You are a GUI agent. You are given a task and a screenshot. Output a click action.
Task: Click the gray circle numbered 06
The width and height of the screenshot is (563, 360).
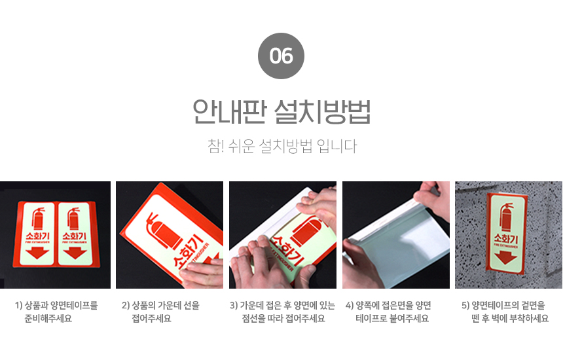coord(281,56)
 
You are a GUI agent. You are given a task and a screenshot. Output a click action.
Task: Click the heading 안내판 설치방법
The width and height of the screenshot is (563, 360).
coord(281,112)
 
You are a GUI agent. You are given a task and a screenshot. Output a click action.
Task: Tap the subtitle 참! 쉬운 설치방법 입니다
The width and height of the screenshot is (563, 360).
coord(282,146)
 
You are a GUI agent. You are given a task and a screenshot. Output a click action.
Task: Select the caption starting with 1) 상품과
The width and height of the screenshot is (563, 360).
coord(56,312)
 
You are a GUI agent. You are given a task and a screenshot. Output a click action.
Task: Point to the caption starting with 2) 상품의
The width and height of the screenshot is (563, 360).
coord(160,312)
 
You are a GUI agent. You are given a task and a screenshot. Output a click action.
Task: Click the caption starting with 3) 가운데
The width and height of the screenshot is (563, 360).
coord(283,312)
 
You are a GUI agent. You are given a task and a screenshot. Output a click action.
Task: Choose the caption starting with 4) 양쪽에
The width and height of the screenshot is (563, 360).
coord(388,312)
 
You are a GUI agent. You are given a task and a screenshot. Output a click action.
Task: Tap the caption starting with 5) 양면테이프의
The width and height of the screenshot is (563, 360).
coord(505,312)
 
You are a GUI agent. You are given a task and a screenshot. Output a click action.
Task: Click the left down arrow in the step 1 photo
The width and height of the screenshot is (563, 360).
coord(37,253)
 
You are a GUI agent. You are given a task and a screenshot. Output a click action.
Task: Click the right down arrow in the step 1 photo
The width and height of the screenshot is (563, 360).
coord(75,253)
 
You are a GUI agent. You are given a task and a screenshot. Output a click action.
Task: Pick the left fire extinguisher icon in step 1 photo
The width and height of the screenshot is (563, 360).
coord(38,218)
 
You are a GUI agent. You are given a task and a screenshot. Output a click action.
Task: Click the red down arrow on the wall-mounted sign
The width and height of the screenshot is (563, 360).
coord(505,257)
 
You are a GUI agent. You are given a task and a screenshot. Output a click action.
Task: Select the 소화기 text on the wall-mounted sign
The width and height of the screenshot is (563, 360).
coord(505,238)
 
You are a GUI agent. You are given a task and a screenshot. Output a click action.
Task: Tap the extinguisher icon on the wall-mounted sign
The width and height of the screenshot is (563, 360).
coord(506,217)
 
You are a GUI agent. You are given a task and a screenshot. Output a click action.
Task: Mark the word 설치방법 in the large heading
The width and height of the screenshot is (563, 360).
coord(322,112)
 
